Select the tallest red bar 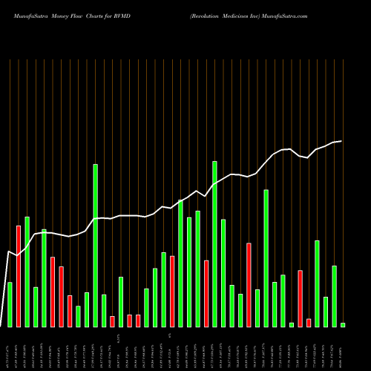pyautogui.click(x=19, y=276)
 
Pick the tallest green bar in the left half pyautogui.click(x=95, y=245)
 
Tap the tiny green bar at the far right pyautogui.click(x=343, y=324)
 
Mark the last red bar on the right pyautogui.click(x=309, y=322)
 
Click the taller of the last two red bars pyautogui.click(x=300, y=298)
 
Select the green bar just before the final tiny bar pyautogui.click(x=334, y=296)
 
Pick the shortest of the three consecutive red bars pyautogui.click(x=70, y=311)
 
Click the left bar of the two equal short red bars pyautogui.click(x=129, y=321)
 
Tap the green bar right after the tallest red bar pyautogui.click(x=27, y=272)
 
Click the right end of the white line pyautogui.click(x=341, y=141)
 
